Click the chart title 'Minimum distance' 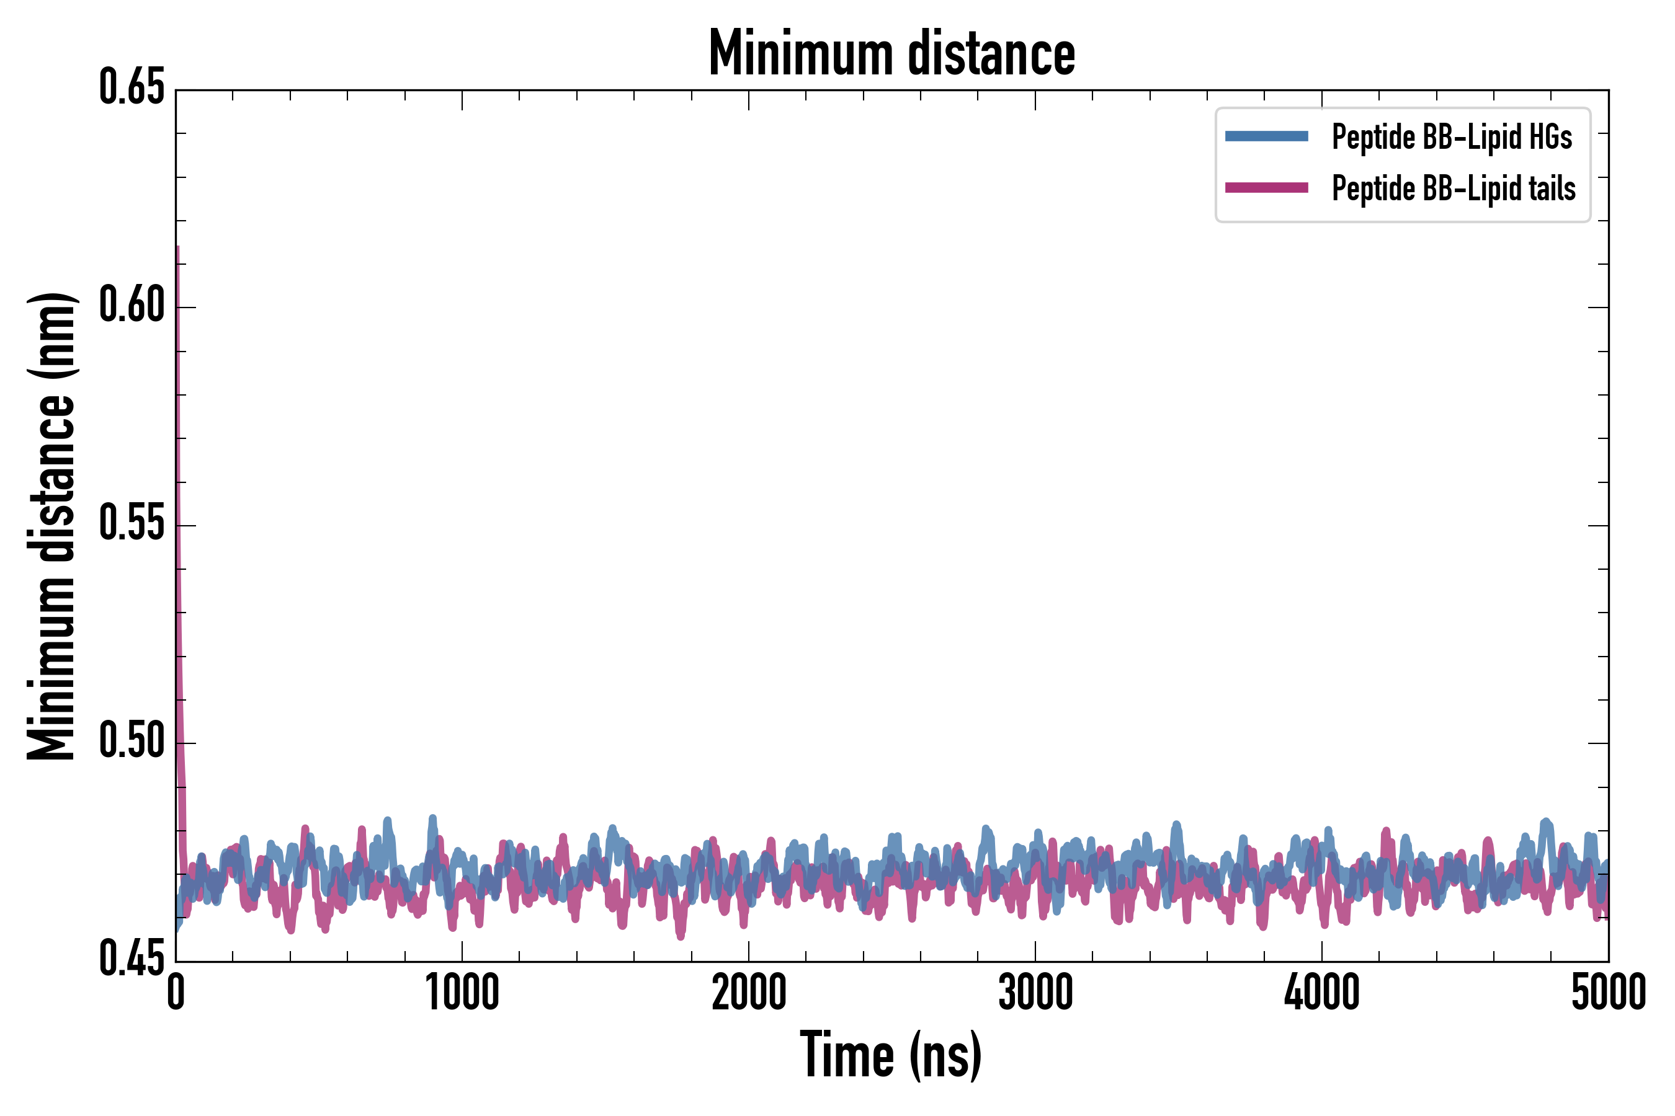891,53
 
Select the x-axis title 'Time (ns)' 890,1055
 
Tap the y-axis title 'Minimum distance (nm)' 51,526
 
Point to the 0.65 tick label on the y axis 132,87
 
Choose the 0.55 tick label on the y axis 132,524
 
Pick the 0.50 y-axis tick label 132,742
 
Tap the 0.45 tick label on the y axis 132,959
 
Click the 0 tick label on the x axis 176,993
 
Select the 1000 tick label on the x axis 462,993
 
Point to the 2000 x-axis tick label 749,993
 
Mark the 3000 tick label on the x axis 1035,993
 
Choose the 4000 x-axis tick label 1322,993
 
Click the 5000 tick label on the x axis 1608,993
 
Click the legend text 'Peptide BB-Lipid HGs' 1452,136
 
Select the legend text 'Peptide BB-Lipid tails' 1454,188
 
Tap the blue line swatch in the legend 1266,136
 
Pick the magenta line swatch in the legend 1266,188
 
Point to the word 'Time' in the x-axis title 847,1055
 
